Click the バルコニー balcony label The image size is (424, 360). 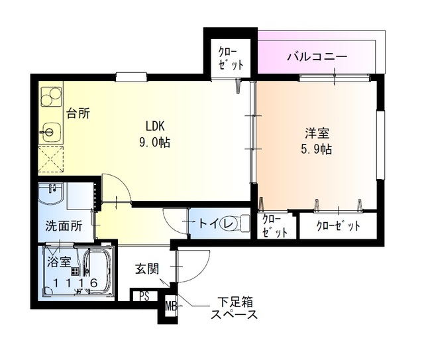[x=317, y=56]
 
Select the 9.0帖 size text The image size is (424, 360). [x=155, y=142]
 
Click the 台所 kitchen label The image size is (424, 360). [x=78, y=113]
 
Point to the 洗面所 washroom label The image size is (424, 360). [x=64, y=225]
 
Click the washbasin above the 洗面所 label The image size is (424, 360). [x=50, y=196]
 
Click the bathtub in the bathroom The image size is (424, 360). [x=97, y=272]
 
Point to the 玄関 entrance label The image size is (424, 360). [x=147, y=269]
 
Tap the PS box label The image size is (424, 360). [x=144, y=296]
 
